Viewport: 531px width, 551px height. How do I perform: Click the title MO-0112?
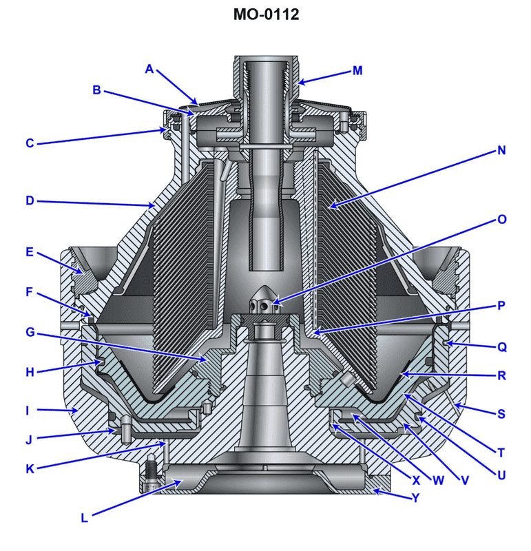click(x=266, y=14)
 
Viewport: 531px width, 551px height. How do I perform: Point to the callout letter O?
click(x=501, y=220)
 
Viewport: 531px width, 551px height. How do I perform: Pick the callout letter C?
click(x=30, y=143)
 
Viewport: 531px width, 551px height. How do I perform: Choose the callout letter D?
click(x=30, y=201)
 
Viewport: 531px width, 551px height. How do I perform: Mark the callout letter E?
click(x=30, y=252)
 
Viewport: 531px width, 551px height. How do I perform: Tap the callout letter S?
click(x=501, y=414)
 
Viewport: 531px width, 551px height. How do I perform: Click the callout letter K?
click(x=30, y=470)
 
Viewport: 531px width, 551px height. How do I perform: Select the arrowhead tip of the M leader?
click(x=298, y=84)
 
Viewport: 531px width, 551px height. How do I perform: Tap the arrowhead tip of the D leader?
click(x=155, y=205)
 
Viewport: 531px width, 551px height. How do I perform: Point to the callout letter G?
click(x=30, y=332)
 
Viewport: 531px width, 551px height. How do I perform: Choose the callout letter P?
click(x=501, y=305)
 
